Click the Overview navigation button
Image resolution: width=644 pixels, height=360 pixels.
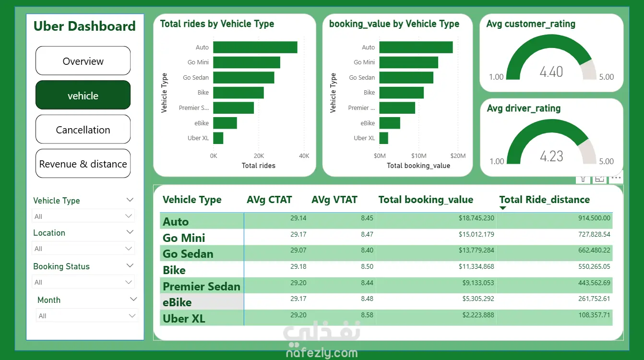(83, 61)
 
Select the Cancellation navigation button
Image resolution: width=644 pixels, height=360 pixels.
(83, 130)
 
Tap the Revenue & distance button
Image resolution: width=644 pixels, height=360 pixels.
(83, 164)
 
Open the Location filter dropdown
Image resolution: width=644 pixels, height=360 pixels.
(83, 249)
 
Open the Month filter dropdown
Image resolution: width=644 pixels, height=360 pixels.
(87, 316)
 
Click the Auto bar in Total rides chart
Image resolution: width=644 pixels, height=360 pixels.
(255, 48)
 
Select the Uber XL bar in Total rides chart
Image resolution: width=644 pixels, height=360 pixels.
(218, 138)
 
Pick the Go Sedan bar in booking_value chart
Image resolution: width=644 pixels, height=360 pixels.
(406, 77)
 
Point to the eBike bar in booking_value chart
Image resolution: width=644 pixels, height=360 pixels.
(390, 123)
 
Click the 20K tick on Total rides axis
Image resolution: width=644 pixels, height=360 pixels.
(259, 156)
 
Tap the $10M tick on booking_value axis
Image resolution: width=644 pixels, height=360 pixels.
(418, 156)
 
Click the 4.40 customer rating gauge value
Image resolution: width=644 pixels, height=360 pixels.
(551, 72)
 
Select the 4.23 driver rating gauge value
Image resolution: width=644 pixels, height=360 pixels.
(551, 156)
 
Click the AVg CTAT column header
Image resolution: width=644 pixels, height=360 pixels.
(269, 200)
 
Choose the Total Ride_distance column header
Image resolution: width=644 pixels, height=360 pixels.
(545, 200)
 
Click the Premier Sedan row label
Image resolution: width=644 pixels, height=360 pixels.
(202, 287)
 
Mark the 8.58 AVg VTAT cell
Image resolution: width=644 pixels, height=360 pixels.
(367, 315)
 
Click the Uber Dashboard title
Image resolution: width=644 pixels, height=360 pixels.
(84, 26)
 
